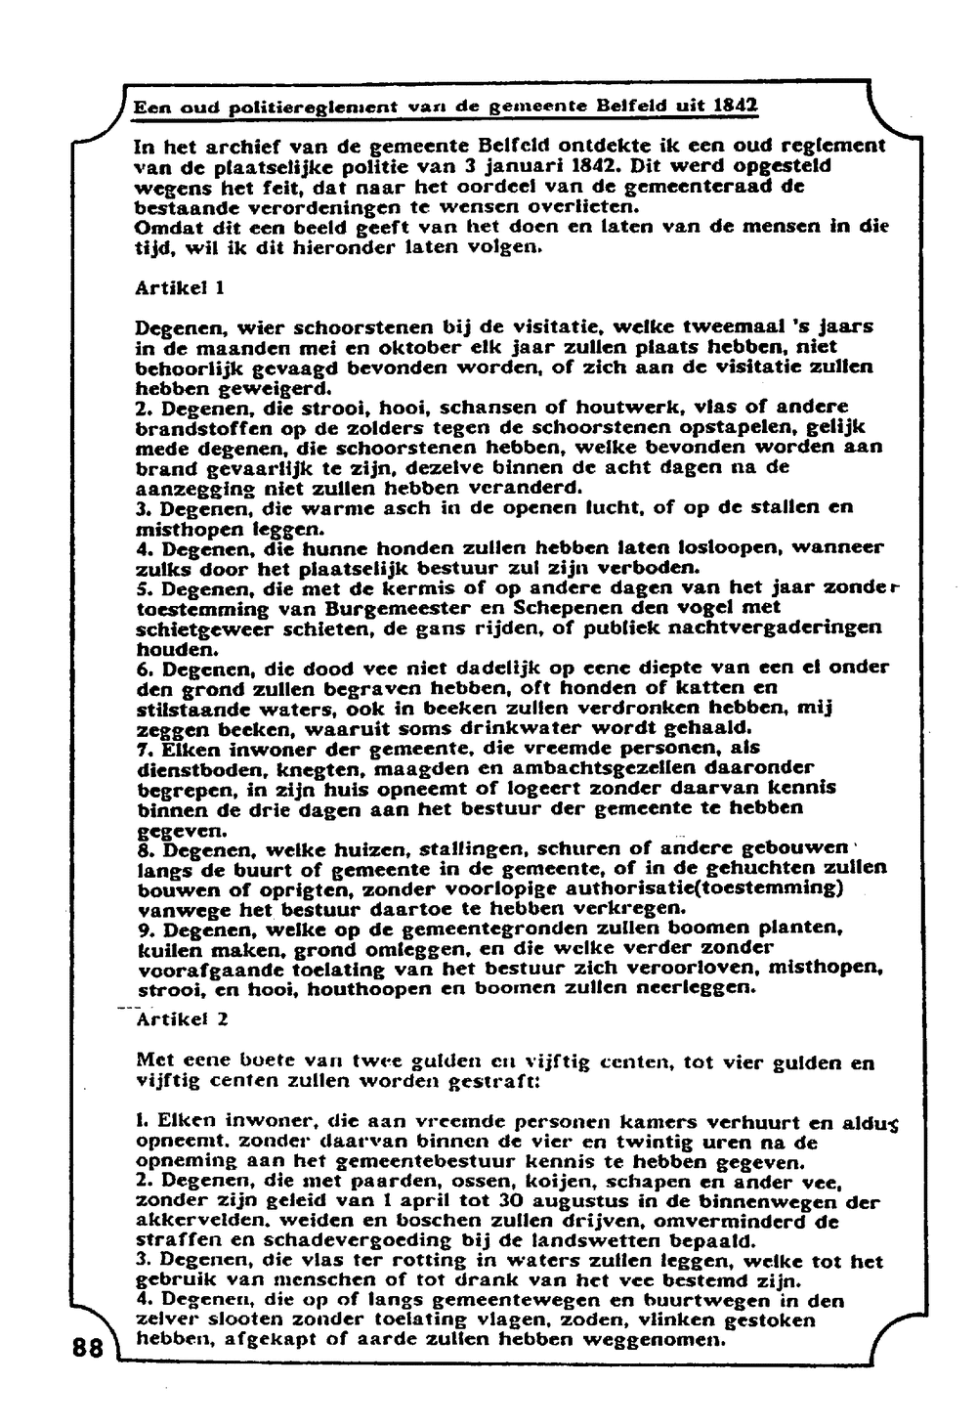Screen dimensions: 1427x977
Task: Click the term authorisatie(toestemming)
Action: tap(711, 888)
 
